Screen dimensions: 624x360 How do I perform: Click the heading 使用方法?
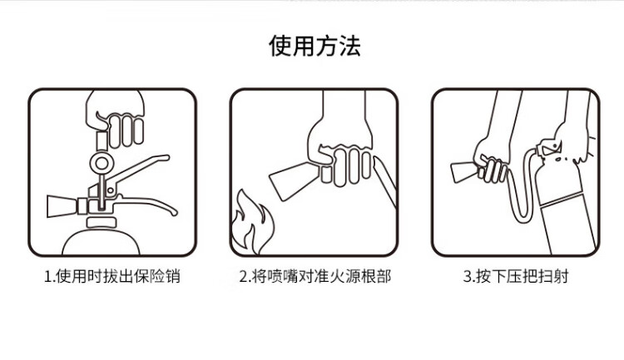coord(314,46)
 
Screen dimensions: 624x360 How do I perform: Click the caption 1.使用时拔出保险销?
coord(111,276)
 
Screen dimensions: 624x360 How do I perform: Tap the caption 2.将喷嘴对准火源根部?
coord(314,276)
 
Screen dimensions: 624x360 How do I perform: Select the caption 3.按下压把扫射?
coord(516,276)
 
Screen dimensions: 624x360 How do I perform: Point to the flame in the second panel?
coord(251,224)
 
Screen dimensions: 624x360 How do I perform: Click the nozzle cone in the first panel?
coord(62,206)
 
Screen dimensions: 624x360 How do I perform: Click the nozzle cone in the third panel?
coord(464,171)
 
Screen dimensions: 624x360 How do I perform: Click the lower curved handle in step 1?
coord(147,203)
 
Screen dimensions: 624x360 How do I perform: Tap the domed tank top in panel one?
coord(101,240)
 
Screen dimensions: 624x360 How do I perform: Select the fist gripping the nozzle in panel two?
coord(340,155)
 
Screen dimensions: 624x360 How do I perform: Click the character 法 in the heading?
coord(349,46)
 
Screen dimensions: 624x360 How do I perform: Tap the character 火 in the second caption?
coord(336,276)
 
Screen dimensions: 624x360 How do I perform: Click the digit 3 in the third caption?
coord(468,276)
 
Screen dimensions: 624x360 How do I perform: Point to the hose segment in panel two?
coord(385,181)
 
